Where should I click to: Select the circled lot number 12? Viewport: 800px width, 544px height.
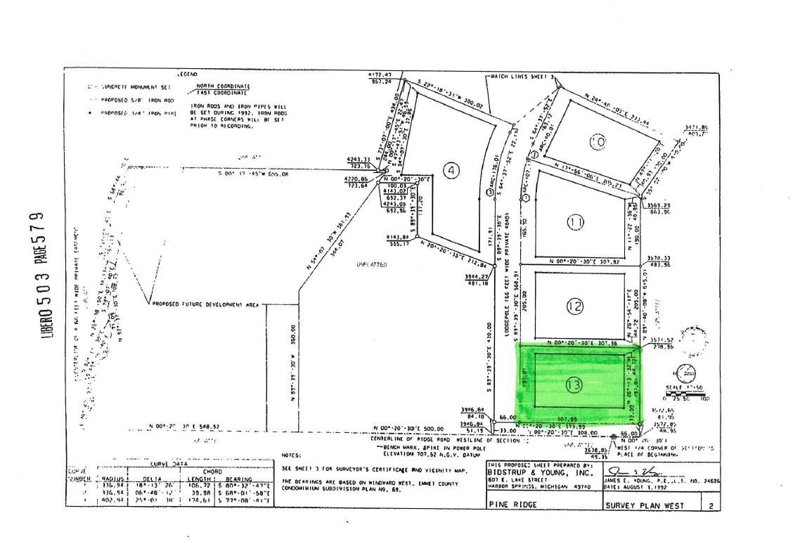(x=574, y=306)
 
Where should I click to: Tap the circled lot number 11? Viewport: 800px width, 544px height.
(x=575, y=223)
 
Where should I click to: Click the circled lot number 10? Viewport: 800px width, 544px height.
(x=598, y=142)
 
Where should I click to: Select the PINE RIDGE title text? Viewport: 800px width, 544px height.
(x=512, y=505)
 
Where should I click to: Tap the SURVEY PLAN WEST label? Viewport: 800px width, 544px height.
(x=640, y=505)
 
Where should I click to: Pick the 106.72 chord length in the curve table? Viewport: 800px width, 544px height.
(x=200, y=484)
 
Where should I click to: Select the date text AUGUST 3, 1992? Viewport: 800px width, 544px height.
(x=638, y=486)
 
